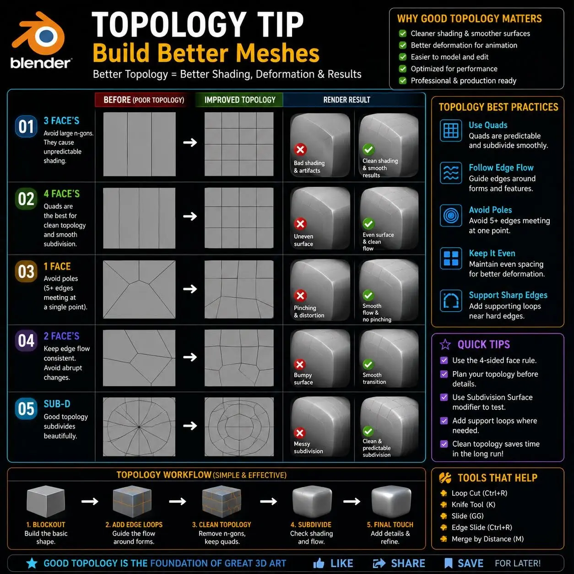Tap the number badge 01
pos(26,127)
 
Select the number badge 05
pos(26,409)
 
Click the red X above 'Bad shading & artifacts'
pos(300,149)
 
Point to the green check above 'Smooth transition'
pos(368,364)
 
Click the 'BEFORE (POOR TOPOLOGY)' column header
pos(144,100)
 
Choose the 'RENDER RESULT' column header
pos(347,100)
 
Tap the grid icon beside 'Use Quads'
pos(451,130)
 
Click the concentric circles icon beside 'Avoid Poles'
pos(451,215)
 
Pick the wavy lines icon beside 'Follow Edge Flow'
pos(451,173)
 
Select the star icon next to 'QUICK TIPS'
pos(445,344)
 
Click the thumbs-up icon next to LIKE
pos(319,563)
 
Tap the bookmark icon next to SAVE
pos(448,563)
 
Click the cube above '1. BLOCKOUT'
pos(46,501)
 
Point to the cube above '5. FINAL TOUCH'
pos(391,501)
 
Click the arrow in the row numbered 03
pos(190,289)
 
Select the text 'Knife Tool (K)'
pos(473,504)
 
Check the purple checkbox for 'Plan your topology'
pos(444,374)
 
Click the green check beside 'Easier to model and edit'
pos(402,57)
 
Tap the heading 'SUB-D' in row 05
pos(57,404)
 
